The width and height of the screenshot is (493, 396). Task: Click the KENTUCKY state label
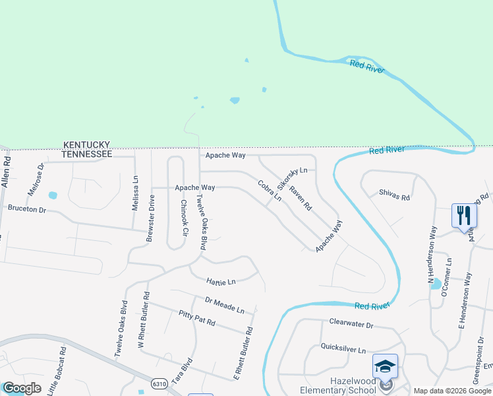pos(86,144)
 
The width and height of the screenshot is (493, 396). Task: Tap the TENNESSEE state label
pos(86,153)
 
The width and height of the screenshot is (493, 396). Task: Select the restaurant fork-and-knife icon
pos(463,215)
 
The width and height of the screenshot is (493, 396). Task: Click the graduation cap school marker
pos(386,365)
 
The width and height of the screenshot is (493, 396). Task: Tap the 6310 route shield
pos(158,383)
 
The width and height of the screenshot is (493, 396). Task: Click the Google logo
pos(21,388)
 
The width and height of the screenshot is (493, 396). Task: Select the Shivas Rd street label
pos(394,195)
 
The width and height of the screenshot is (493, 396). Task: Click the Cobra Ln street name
pos(270,191)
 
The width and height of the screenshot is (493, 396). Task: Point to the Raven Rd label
pos(300,197)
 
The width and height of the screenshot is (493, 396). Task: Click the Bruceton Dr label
pos(27,209)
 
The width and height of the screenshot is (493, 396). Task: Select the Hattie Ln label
pos(221,282)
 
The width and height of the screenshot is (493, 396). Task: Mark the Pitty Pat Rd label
pos(197,318)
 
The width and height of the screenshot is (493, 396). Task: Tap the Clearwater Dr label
pos(351,324)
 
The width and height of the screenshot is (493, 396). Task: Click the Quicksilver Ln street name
pos(343,348)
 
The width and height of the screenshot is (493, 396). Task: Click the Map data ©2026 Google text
pos(452,391)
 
